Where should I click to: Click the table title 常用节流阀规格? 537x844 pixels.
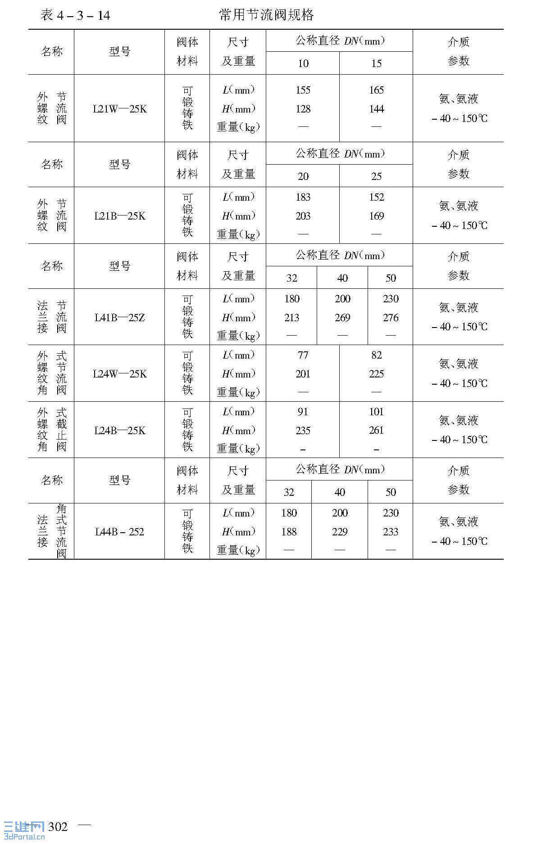(266, 15)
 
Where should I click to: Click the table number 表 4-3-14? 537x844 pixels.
(75, 16)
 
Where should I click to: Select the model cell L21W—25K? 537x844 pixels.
(119, 109)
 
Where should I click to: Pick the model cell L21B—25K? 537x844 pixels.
(119, 216)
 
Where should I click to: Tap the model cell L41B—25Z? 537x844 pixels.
(119, 318)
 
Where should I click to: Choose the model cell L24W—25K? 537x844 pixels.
(119, 374)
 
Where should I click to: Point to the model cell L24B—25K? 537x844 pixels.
(119, 431)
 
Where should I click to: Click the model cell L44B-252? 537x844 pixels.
(119, 532)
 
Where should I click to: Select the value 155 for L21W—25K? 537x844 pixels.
(303, 90)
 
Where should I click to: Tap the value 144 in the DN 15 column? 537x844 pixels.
(376, 109)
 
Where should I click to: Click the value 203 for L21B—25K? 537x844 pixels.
(303, 216)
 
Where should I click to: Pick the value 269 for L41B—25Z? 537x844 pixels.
(342, 318)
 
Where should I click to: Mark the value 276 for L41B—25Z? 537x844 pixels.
(391, 318)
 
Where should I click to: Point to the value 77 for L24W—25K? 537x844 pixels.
(303, 355)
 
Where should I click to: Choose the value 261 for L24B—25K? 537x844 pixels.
(376, 431)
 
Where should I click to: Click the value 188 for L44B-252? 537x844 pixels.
(289, 532)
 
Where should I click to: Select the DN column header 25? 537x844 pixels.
(376, 176)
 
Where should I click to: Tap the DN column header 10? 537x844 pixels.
(303, 63)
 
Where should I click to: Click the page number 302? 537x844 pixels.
(58, 827)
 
